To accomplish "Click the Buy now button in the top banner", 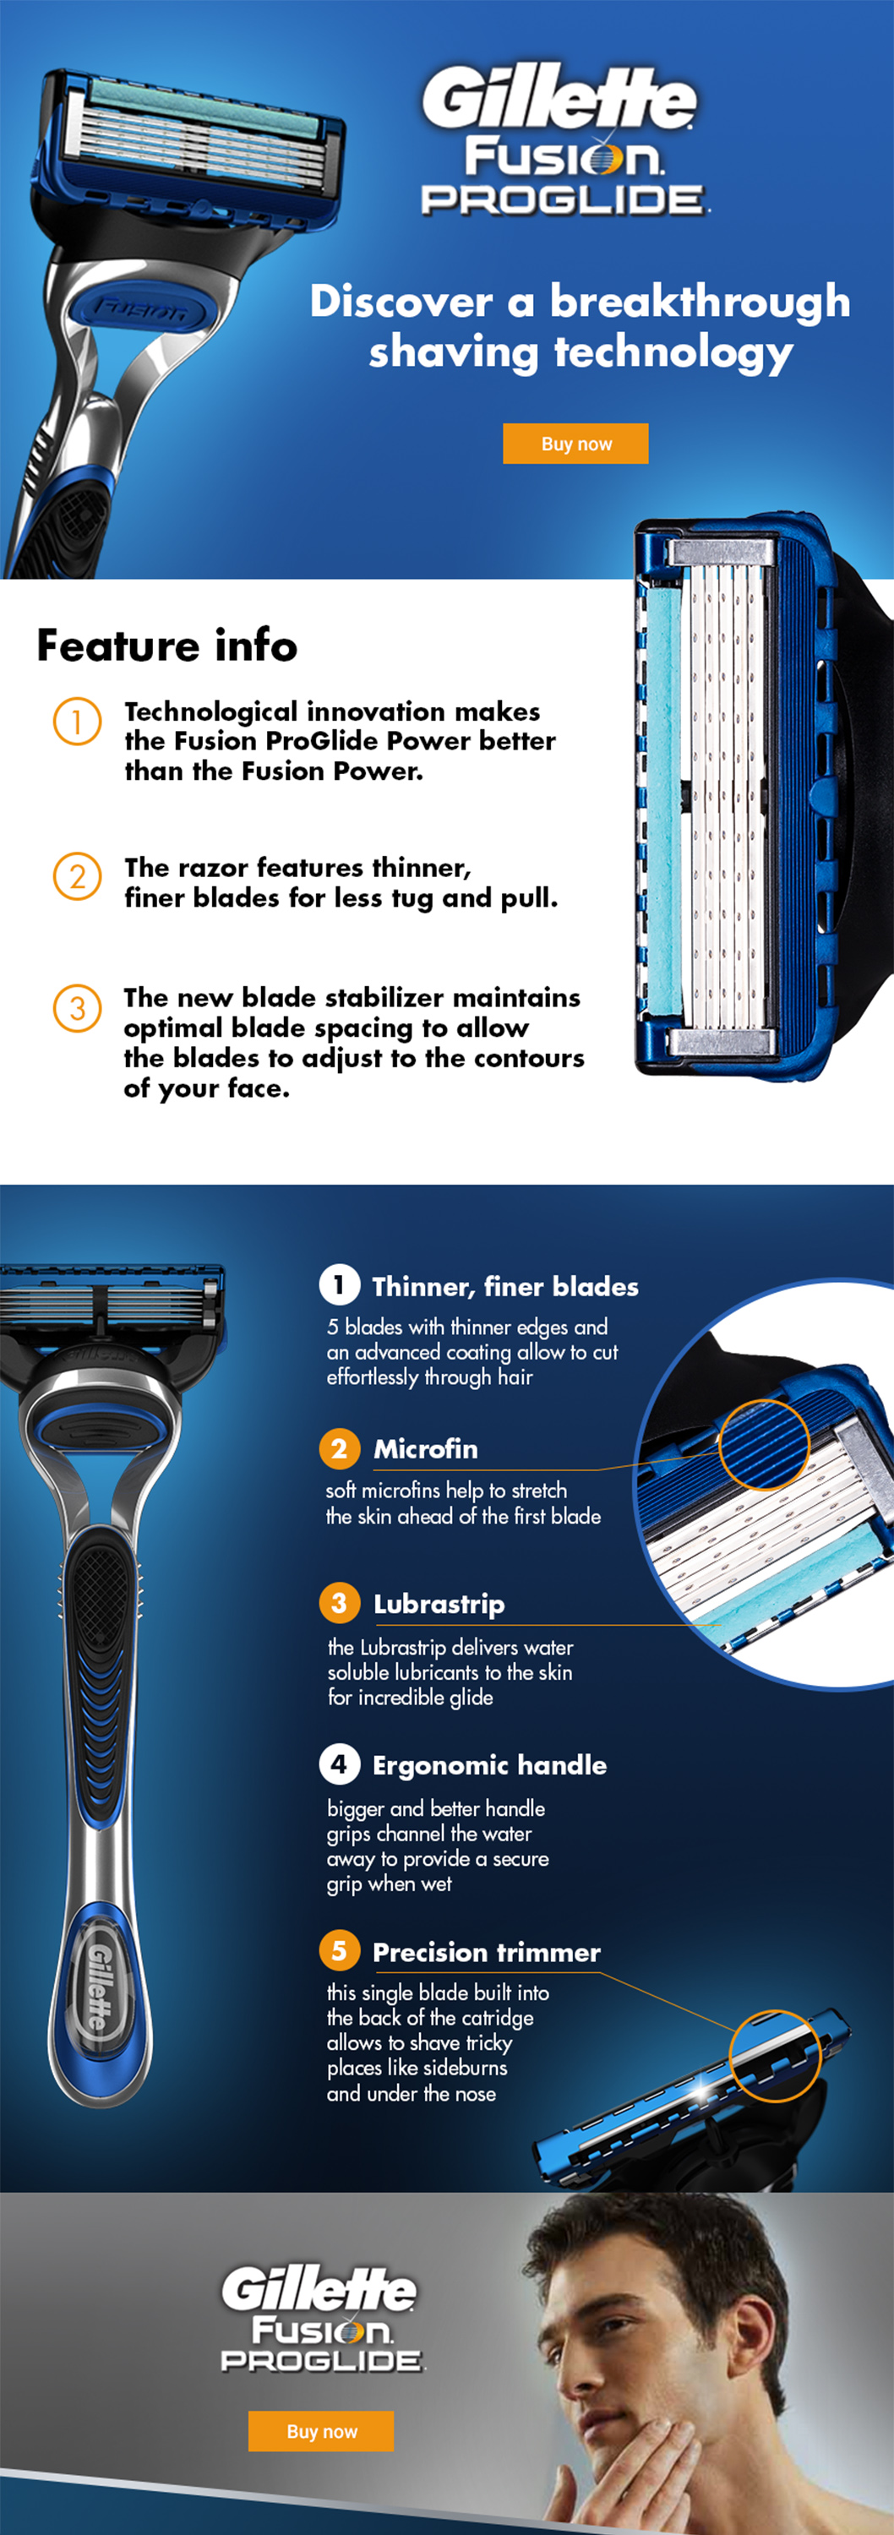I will pyautogui.click(x=575, y=443).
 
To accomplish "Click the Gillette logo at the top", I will pyautogui.click(x=559, y=98).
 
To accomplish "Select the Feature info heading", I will pyautogui.click(x=166, y=646).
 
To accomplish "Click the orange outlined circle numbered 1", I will pyautogui.click(x=77, y=722).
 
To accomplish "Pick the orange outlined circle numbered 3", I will pyautogui.click(x=77, y=1008).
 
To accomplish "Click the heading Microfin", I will pyautogui.click(x=425, y=1448).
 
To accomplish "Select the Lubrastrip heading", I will pyautogui.click(x=439, y=1604).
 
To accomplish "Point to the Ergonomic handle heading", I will pyautogui.click(x=488, y=1765).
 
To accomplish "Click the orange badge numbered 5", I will pyautogui.click(x=339, y=1950).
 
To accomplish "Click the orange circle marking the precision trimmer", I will pyautogui.click(x=775, y=2055).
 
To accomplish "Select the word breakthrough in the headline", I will pyautogui.click(x=699, y=301).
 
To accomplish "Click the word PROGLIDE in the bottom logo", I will pyautogui.click(x=321, y=2361).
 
